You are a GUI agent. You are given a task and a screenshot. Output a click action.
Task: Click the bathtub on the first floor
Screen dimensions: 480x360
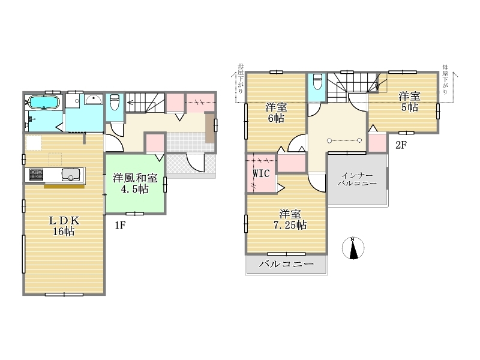tap(44, 102)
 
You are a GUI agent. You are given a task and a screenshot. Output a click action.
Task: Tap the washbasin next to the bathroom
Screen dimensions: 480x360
tap(94, 100)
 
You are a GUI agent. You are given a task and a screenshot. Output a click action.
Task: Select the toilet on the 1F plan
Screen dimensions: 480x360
tap(115, 101)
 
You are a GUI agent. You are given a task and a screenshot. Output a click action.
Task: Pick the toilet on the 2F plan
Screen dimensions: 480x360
tap(317, 81)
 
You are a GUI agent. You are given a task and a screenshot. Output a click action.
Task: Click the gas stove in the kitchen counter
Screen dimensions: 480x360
tap(36, 175)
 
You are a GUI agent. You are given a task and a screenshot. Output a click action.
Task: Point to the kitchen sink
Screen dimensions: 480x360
tap(71, 175)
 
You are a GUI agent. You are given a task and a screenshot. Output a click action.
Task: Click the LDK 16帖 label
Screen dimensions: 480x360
tap(64, 226)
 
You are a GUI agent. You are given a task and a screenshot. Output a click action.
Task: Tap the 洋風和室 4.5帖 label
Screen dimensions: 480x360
tap(135, 184)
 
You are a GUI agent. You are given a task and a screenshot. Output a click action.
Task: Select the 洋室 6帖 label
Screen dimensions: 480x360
tap(276, 113)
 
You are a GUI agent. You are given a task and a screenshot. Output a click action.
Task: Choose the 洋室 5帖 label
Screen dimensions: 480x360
tap(410, 101)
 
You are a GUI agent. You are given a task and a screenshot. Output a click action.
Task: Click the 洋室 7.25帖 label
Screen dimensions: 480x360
tap(290, 219)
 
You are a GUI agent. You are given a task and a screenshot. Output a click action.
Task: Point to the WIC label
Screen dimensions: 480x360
tap(261, 173)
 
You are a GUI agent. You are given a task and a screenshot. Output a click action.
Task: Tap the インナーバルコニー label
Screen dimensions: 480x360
tap(357, 179)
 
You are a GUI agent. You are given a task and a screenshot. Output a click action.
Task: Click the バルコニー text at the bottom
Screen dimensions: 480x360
tap(287, 264)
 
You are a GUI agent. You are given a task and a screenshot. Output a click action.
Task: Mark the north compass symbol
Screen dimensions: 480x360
tap(353, 248)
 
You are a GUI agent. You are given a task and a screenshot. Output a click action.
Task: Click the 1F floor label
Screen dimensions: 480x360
tap(121, 226)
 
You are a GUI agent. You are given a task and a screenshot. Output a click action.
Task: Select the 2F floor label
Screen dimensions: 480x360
tap(401, 145)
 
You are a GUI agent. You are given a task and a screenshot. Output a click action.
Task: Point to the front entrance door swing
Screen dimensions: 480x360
tap(196, 163)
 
